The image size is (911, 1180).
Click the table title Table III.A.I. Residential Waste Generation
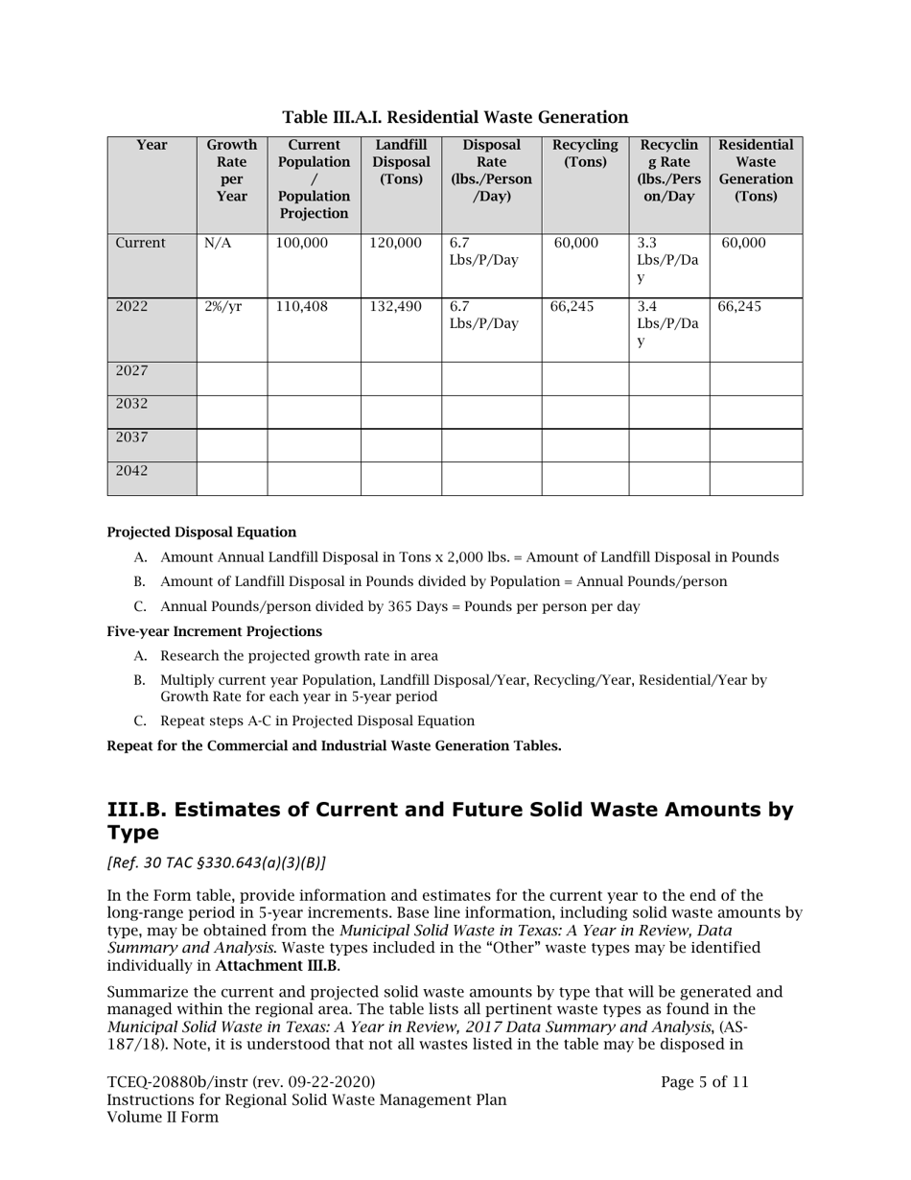tap(455, 117)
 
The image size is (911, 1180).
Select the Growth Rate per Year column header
tap(231, 171)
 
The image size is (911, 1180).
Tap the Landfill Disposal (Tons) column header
tap(401, 162)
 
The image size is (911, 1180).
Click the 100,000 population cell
tap(301, 244)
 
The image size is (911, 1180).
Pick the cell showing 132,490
tap(395, 307)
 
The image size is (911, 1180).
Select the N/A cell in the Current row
tap(218, 244)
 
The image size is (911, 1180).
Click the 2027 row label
tap(131, 371)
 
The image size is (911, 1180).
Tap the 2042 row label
tap(131, 471)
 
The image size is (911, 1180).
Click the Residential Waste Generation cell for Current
tap(743, 244)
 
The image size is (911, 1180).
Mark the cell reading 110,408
tap(301, 307)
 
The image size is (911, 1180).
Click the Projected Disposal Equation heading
tap(201, 532)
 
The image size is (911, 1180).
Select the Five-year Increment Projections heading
tap(214, 632)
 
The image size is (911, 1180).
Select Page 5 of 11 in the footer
tap(704, 1082)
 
